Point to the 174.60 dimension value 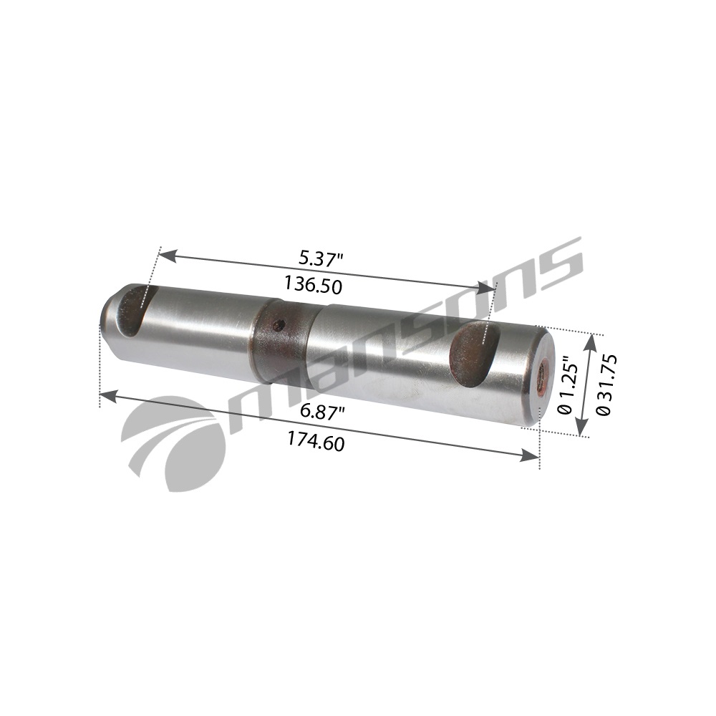pos(316,441)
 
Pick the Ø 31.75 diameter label pos(602,383)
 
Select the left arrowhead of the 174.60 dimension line pos(106,394)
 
